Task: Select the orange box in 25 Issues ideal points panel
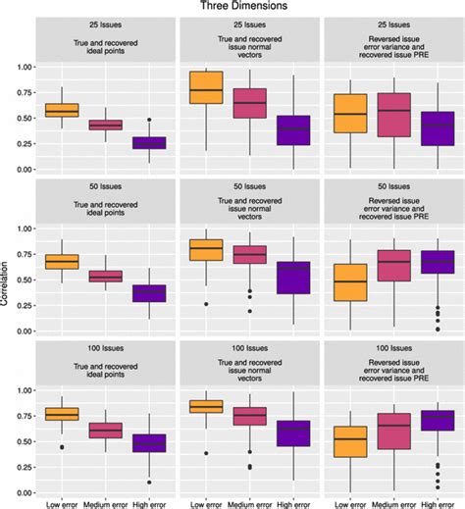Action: tap(62, 110)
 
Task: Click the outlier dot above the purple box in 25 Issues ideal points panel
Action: tap(150, 120)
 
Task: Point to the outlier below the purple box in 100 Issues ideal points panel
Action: tap(150, 482)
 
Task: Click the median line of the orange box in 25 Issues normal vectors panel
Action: tap(205, 89)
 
